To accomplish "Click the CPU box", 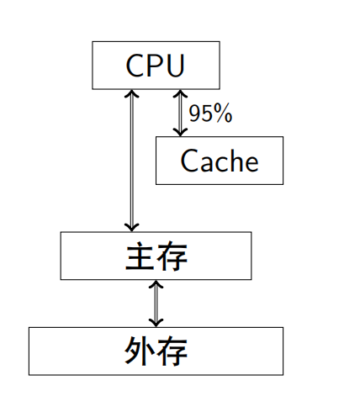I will [156, 65].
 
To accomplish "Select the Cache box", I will [219, 161].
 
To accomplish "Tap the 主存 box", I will [156, 256].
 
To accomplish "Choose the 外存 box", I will [156, 351].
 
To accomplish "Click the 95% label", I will [210, 113].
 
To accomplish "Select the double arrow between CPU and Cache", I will [179, 113].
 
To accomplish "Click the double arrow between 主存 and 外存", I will [156, 304].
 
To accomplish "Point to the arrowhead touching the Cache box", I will [179, 130].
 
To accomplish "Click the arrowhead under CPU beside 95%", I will [179, 95].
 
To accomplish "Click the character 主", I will [140, 256].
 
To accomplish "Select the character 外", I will [140, 351].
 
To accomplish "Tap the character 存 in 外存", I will [172, 351].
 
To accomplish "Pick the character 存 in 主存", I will [172, 256].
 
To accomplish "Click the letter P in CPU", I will [156, 66].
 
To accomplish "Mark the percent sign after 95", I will [223, 113].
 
